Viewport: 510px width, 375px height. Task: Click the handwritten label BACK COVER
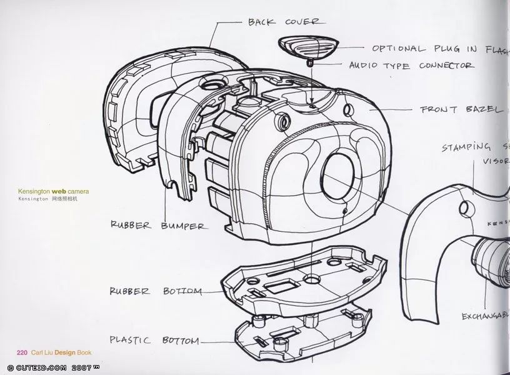point(284,22)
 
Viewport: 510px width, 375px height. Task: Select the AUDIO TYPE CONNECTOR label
point(411,65)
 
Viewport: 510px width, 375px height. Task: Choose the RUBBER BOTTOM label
point(156,291)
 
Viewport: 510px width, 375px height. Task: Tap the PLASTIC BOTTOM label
point(154,341)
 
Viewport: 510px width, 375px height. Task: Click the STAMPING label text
point(466,147)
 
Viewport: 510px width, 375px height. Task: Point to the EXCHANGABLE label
point(485,316)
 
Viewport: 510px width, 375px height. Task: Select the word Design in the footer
point(64,352)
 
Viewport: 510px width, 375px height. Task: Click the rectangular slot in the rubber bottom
point(278,289)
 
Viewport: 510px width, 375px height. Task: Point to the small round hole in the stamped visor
point(465,207)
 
